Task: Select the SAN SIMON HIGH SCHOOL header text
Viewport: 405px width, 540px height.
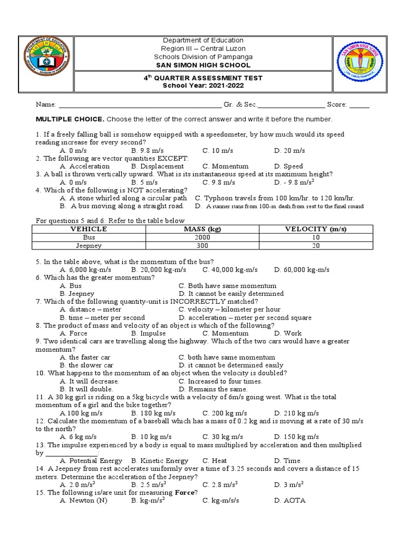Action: [x=203, y=65]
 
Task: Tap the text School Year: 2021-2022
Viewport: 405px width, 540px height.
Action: [x=203, y=85]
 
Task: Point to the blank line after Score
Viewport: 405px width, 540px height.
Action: [x=359, y=105]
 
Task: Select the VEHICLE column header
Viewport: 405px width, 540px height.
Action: [x=89, y=229]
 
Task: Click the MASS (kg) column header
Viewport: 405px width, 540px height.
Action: [x=202, y=229]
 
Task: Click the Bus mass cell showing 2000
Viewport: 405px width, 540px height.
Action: [x=202, y=238]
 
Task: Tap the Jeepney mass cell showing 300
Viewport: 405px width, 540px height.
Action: [x=202, y=246]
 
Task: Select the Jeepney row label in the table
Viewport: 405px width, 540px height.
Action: [x=89, y=246]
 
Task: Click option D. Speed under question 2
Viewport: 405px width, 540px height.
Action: [x=288, y=167]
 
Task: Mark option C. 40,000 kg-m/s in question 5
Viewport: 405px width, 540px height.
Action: [x=230, y=269]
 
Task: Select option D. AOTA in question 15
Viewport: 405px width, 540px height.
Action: [x=290, y=500]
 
